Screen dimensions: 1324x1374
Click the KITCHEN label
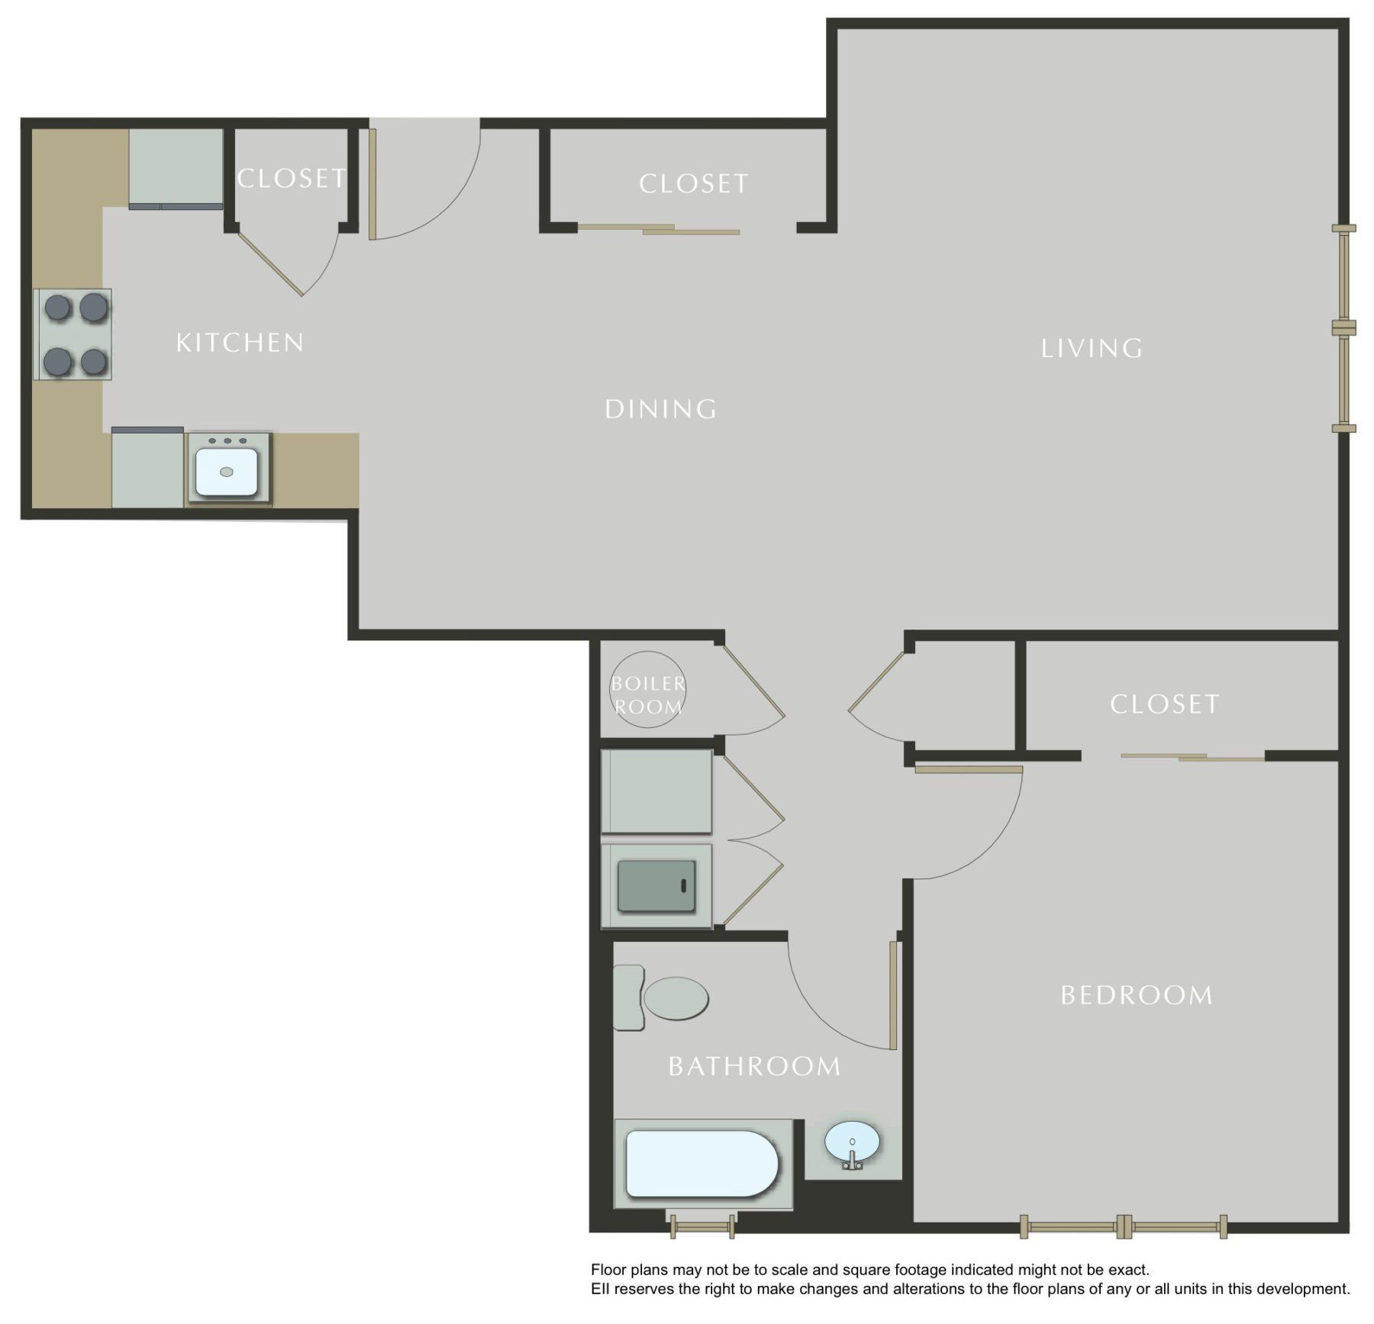[240, 343]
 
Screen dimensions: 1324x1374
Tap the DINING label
[661, 410]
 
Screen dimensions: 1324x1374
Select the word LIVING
[1092, 349]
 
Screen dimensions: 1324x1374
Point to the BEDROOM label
[1137, 995]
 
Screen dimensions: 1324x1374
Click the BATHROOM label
[754, 1066]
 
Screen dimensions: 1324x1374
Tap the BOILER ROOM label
[647, 694]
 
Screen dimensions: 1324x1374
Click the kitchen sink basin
[227, 472]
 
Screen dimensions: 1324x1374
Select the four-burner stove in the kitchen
[74, 334]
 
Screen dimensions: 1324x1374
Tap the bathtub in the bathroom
[701, 1164]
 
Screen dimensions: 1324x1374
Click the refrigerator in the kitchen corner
[176, 168]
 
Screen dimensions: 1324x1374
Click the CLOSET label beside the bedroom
[1164, 704]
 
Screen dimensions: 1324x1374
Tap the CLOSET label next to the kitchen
[291, 179]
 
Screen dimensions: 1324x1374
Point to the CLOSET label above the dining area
[693, 184]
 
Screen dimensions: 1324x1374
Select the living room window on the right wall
[1343, 328]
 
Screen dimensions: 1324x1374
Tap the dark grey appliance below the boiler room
[656, 886]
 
